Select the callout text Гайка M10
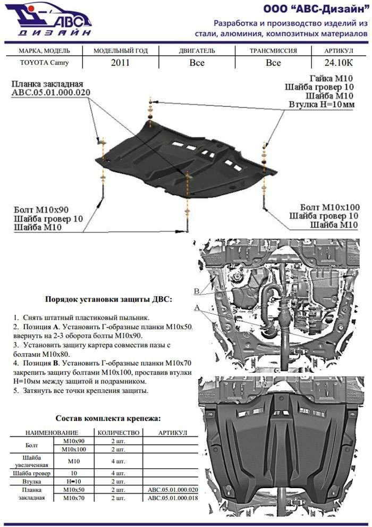(x=330, y=78)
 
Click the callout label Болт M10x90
(x=41, y=208)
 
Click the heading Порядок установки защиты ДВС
(x=108, y=299)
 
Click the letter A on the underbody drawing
(x=197, y=308)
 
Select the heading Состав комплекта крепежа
(x=108, y=419)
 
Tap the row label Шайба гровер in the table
(x=32, y=472)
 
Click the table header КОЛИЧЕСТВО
(x=119, y=433)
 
